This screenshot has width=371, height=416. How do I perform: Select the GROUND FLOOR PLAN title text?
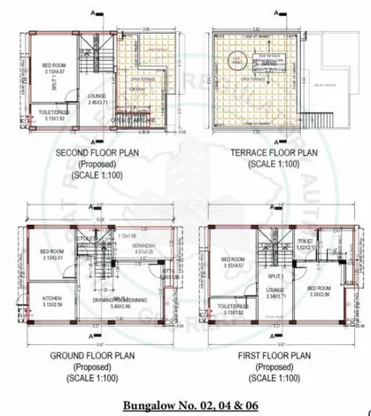click(92, 362)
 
